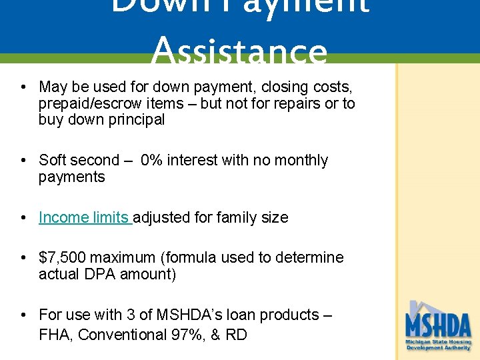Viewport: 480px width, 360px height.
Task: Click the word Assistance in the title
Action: click(x=239, y=53)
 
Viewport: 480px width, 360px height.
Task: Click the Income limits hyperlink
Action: click(x=84, y=217)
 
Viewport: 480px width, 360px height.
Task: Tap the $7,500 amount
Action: click(x=62, y=257)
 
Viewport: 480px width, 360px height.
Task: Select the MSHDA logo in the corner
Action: click(x=438, y=326)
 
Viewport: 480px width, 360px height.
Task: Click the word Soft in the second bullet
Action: click(x=53, y=161)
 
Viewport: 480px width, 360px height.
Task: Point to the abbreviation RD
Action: click(x=236, y=335)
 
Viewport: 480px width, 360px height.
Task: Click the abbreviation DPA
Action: click(x=100, y=274)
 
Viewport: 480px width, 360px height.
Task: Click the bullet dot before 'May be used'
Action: click(x=23, y=87)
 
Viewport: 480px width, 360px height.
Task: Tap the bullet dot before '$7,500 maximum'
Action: click(x=23, y=258)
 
